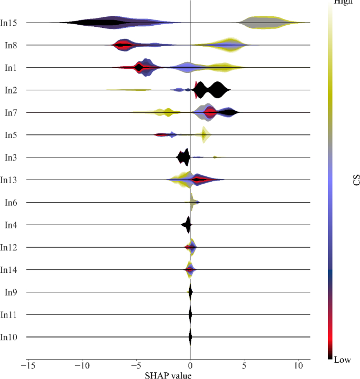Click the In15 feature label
pos(11,23)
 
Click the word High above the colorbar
pos(344,3)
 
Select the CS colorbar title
pos(356,181)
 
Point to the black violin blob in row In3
pos(184,157)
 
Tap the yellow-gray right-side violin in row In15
pos(268,23)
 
